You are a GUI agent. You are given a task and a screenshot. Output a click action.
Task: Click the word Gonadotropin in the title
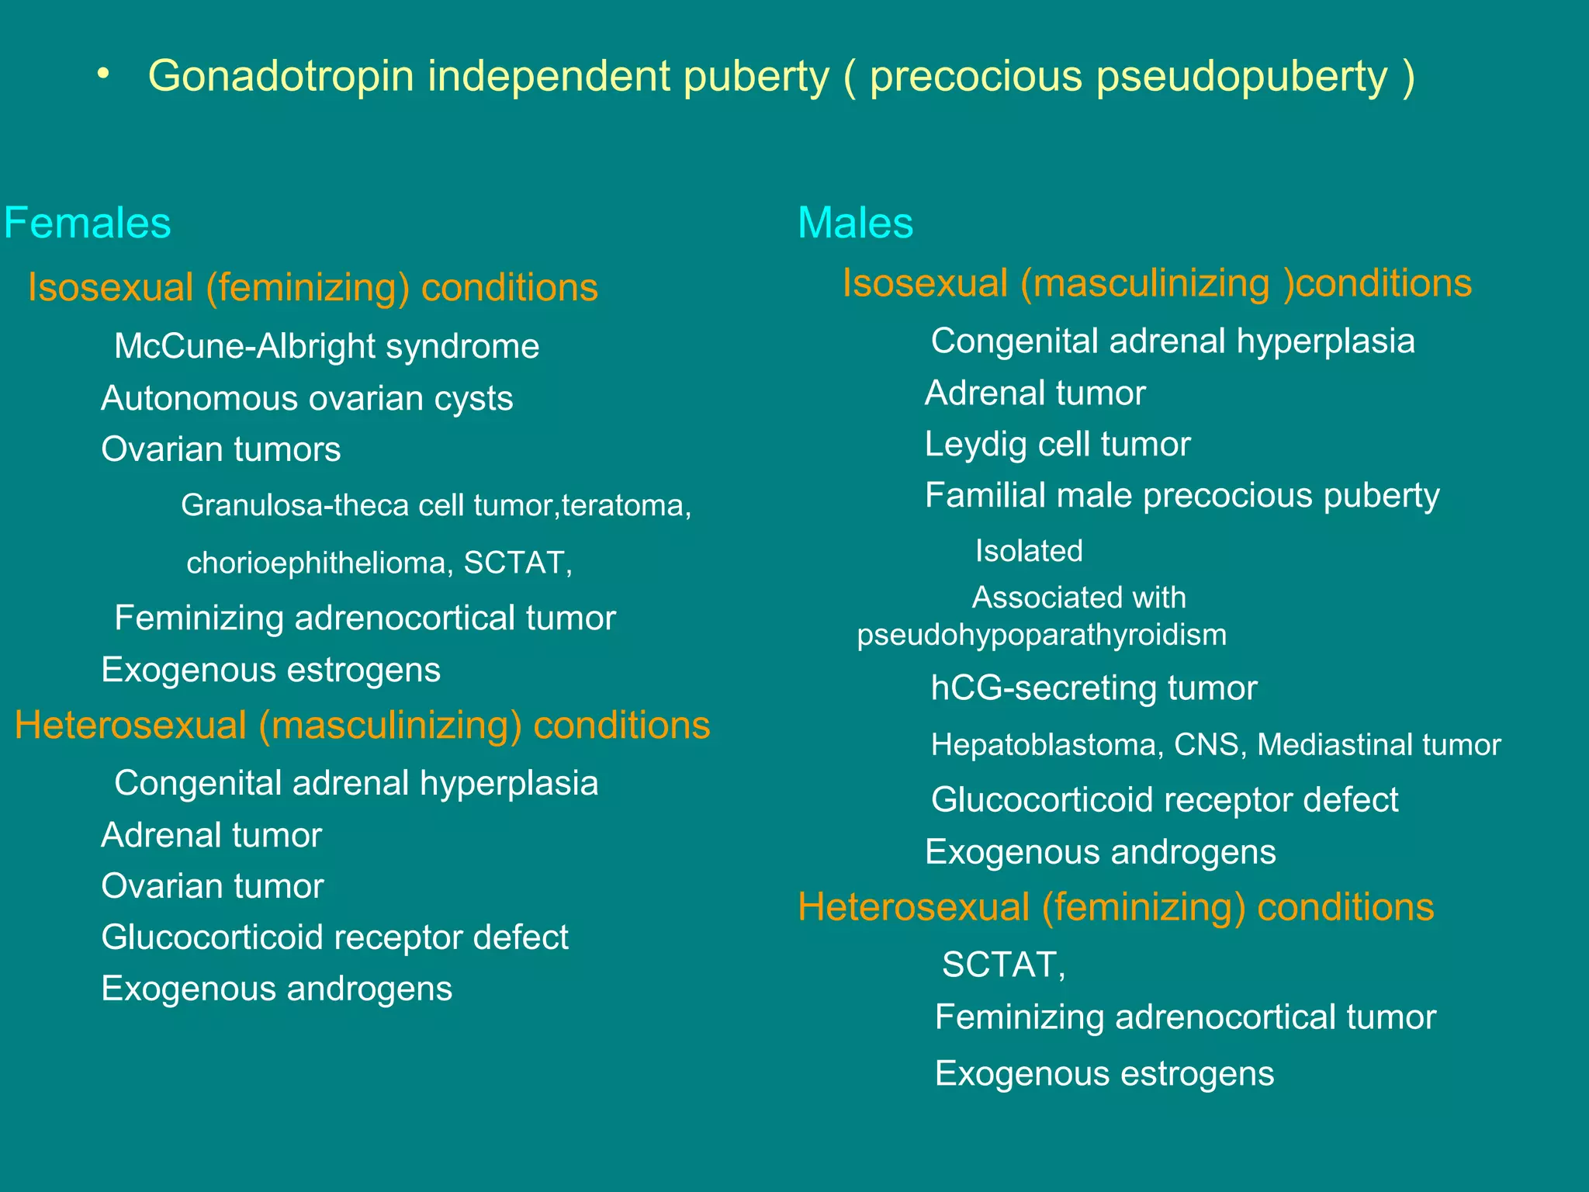[x=280, y=77]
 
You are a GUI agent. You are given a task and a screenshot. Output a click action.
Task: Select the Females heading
[x=87, y=223]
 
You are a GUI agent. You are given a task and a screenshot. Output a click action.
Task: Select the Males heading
[x=855, y=223]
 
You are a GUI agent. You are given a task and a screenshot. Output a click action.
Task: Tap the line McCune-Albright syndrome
[x=327, y=346]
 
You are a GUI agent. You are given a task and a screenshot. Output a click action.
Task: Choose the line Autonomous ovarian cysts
[x=307, y=398]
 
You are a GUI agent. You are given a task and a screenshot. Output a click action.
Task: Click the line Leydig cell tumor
[x=1058, y=444]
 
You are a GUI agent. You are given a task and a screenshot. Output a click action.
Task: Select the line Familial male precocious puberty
[x=1182, y=495]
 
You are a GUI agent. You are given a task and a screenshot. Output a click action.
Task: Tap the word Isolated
[x=1029, y=551]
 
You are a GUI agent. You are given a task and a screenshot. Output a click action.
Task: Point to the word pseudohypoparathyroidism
[x=1041, y=635]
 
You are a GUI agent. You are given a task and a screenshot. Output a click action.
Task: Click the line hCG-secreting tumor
[x=1094, y=688]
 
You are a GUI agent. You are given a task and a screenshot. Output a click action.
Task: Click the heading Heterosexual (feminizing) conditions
[x=1116, y=906]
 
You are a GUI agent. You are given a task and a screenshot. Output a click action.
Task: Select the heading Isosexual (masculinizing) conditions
[x=1157, y=282]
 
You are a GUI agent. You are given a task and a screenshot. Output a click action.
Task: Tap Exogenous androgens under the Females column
[x=277, y=989]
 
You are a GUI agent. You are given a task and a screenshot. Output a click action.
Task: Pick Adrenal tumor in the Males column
[x=1035, y=393]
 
